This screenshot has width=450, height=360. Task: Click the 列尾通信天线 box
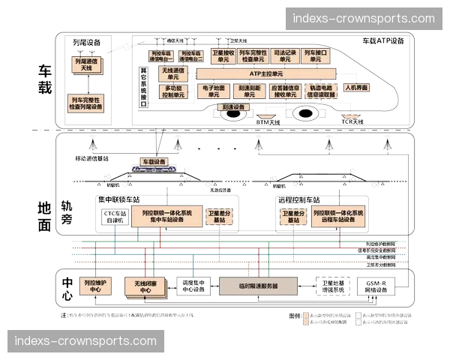(x=85, y=64)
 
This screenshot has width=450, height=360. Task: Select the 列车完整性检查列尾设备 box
(x=86, y=103)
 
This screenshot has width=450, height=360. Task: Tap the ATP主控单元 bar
(x=265, y=74)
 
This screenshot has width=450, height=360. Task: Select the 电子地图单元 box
(x=214, y=91)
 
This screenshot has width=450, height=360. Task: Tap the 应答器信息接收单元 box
(x=285, y=91)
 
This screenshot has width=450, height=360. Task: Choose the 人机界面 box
(x=356, y=88)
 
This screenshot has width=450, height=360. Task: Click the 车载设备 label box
(x=154, y=162)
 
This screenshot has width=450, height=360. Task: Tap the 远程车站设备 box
(x=338, y=217)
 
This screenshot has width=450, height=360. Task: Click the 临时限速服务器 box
(x=258, y=286)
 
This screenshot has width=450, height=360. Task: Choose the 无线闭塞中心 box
(x=145, y=286)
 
